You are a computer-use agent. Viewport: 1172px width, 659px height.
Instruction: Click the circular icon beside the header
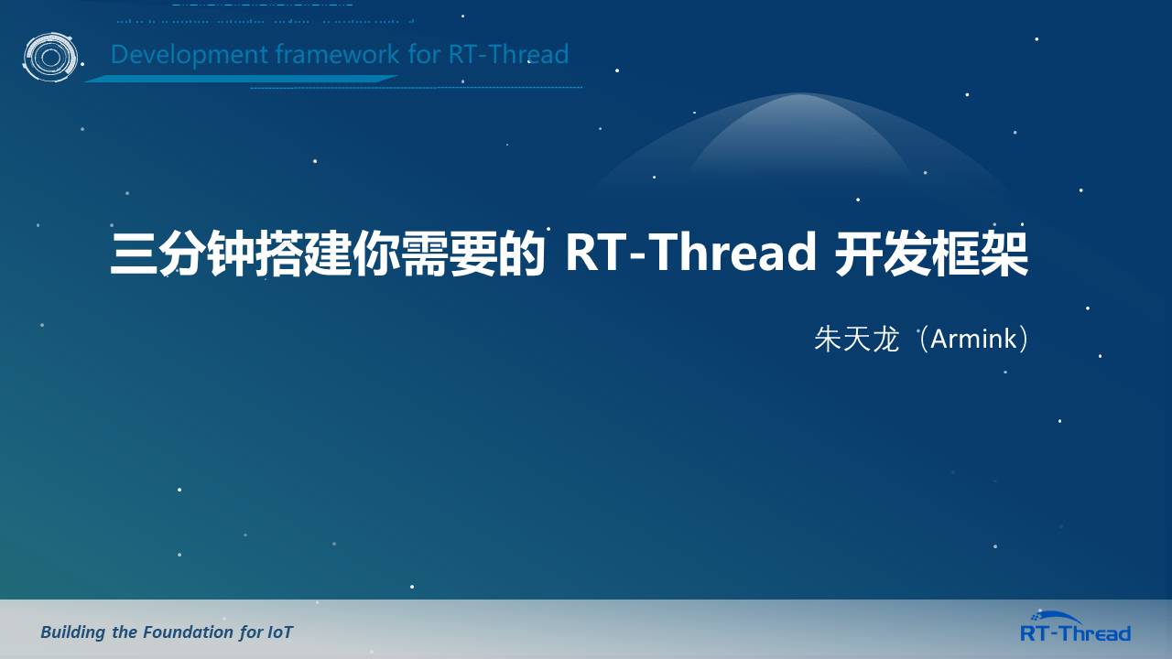[50, 57]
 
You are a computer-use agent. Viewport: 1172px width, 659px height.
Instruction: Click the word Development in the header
[189, 55]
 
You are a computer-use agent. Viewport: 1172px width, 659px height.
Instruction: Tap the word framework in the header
[338, 54]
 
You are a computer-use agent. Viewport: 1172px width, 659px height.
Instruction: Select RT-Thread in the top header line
[508, 54]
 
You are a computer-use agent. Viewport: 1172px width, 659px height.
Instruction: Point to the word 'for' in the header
[424, 54]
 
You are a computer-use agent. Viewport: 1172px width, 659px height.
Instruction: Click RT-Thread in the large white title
[690, 253]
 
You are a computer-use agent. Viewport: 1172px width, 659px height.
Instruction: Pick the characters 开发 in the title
[883, 254]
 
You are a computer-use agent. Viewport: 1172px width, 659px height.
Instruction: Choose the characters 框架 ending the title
[980, 254]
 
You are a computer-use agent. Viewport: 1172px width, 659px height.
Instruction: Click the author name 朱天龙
[856, 339]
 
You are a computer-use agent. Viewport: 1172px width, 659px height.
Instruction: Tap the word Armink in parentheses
[973, 339]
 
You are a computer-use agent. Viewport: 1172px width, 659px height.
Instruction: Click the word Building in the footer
[72, 632]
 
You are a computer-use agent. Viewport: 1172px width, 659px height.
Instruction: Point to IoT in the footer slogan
[280, 632]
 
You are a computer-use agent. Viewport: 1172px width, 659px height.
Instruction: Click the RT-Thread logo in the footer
[1075, 627]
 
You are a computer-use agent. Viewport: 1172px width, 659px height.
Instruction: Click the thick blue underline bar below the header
[241, 79]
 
